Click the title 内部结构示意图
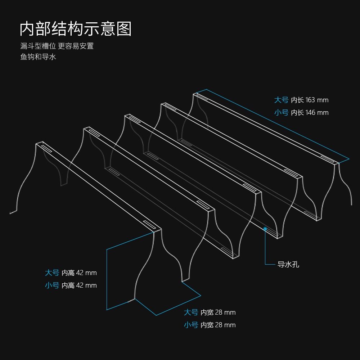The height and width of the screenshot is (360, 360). click(76, 29)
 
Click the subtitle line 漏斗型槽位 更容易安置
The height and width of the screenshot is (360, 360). click(57, 46)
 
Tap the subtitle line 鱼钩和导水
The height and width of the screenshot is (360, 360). click(38, 57)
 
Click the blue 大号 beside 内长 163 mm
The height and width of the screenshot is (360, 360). click(282, 100)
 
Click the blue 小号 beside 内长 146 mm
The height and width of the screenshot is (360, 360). click(282, 113)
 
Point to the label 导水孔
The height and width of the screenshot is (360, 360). click(288, 265)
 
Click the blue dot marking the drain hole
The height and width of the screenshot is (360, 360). click(265, 228)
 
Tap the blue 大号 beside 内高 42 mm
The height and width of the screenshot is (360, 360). click(52, 273)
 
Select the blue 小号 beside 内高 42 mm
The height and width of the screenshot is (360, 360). click(52, 285)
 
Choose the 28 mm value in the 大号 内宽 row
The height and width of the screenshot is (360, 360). click(225, 312)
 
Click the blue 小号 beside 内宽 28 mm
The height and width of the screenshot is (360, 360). click(191, 325)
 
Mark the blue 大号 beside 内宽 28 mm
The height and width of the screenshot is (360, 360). click(191, 312)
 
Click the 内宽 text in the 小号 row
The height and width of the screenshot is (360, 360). click(207, 325)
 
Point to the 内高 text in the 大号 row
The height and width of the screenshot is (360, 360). click(68, 273)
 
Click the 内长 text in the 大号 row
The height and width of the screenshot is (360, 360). click(297, 100)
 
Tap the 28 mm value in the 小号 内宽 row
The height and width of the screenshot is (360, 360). click(225, 325)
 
